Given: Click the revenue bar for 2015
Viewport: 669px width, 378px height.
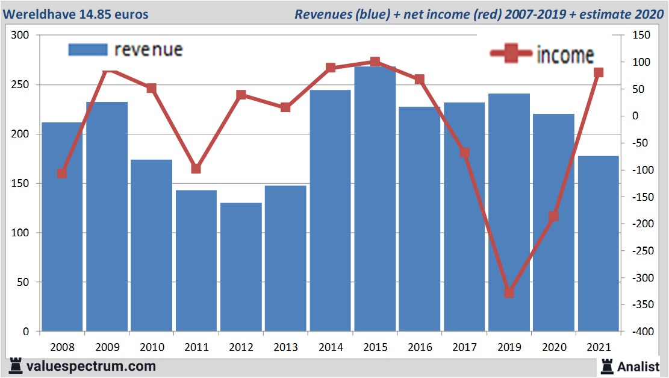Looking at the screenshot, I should click(x=375, y=199).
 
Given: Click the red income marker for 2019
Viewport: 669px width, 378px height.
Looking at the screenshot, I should click(x=509, y=292).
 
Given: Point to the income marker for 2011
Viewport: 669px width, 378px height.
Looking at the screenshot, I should click(x=196, y=168).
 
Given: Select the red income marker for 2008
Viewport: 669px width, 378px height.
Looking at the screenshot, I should click(x=61, y=174).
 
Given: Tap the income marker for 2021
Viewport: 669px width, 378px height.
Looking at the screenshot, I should click(x=599, y=73).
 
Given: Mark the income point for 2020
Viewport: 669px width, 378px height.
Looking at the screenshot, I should click(x=553, y=216).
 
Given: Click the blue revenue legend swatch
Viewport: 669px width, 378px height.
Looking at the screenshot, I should click(x=88, y=49).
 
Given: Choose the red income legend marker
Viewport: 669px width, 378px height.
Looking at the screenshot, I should click(x=511, y=54).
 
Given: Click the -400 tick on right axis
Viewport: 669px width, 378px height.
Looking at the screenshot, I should click(x=640, y=332).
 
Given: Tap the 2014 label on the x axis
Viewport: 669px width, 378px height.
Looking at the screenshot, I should click(x=330, y=348).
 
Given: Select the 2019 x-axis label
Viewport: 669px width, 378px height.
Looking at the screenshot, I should click(x=509, y=348).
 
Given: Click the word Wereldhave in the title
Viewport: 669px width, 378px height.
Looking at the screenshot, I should click(x=40, y=14).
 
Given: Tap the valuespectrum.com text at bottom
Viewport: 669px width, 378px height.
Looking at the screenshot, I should click(x=90, y=366).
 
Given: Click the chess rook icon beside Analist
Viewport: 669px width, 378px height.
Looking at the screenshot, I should click(x=607, y=365).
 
